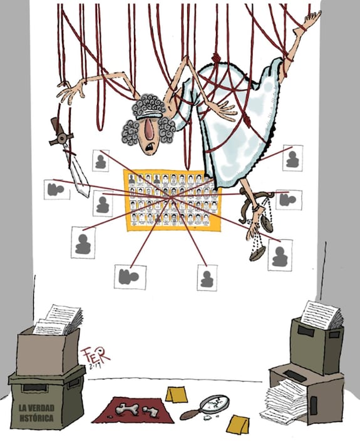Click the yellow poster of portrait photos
point(172,199)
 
